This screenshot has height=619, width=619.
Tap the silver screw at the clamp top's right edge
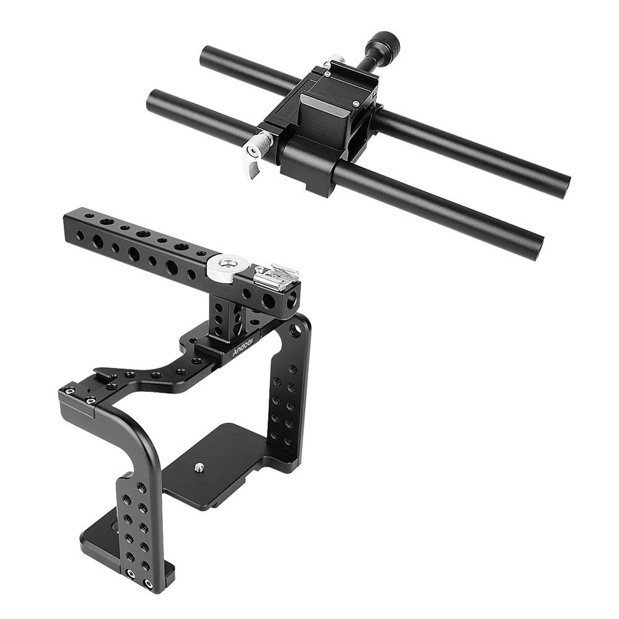click(357, 104)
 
